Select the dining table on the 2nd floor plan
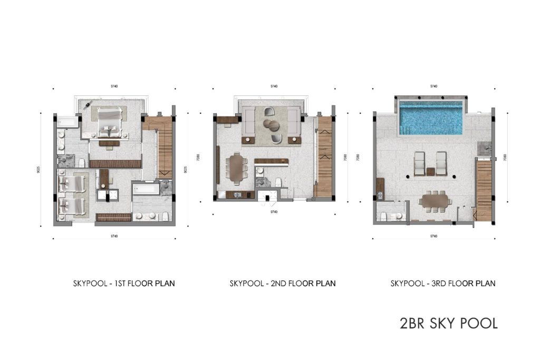point(235,168)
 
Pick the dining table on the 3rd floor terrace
point(435,200)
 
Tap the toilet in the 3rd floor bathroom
point(384,216)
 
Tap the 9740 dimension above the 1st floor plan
point(114,86)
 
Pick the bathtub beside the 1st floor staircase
point(146,188)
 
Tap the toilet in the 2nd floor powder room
point(278,182)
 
